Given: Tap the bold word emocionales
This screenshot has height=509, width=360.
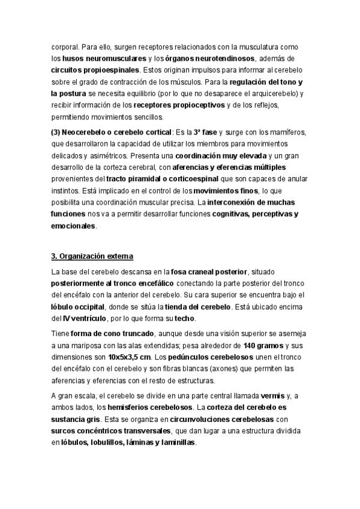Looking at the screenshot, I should point(73,226).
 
